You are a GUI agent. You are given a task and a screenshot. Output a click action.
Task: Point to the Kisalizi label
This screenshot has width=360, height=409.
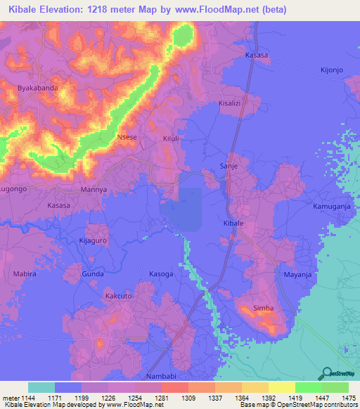point(231,103)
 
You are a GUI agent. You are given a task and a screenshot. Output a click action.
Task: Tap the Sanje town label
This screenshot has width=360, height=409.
point(230,166)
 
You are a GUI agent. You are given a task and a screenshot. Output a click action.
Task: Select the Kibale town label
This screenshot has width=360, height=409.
point(233,223)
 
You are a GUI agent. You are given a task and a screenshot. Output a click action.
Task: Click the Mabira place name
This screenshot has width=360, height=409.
point(25,273)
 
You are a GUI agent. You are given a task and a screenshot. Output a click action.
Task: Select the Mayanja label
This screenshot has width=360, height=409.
point(297,274)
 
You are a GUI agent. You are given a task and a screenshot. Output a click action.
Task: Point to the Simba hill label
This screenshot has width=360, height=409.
point(263,309)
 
